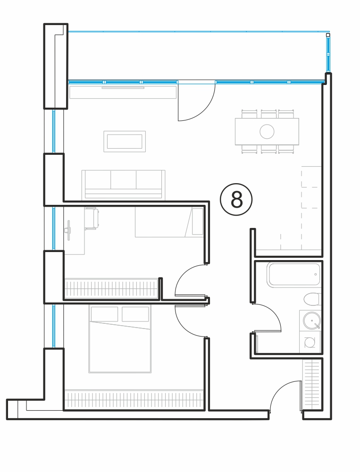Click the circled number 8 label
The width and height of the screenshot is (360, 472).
pos(236,199)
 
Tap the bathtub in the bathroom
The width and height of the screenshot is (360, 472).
pos(294,275)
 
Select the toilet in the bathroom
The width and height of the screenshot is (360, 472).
pos(312,300)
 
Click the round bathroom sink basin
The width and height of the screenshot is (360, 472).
pos(312,321)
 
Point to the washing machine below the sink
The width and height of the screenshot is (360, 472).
pos(310,342)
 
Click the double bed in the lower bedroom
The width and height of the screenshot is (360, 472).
pos(120,339)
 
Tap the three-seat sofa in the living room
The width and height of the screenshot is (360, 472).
pos(124,185)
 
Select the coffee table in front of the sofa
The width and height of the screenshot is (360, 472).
pos(125,142)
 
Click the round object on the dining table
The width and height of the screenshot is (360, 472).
pos(267,132)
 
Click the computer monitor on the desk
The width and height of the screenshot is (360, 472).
pos(68,230)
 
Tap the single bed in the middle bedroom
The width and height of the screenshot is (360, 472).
pos(169,222)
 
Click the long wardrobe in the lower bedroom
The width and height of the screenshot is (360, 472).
pos(134,400)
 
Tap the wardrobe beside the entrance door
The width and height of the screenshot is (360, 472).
pos(311,384)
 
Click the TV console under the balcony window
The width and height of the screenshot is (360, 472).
pos(123,92)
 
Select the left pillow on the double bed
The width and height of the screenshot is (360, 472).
pos(104,314)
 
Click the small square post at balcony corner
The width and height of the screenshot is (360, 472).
pos(328,35)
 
